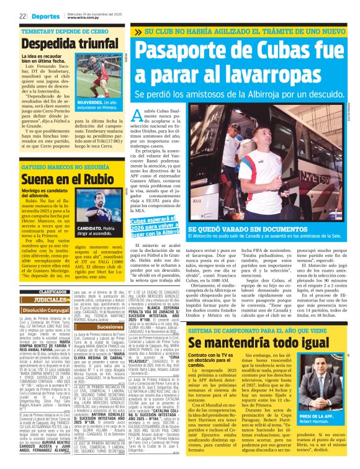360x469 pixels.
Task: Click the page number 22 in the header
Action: click(x=22, y=17)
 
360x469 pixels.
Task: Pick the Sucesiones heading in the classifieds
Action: click(x=109, y=326)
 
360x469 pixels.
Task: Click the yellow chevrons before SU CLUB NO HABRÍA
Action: click(x=137, y=30)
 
